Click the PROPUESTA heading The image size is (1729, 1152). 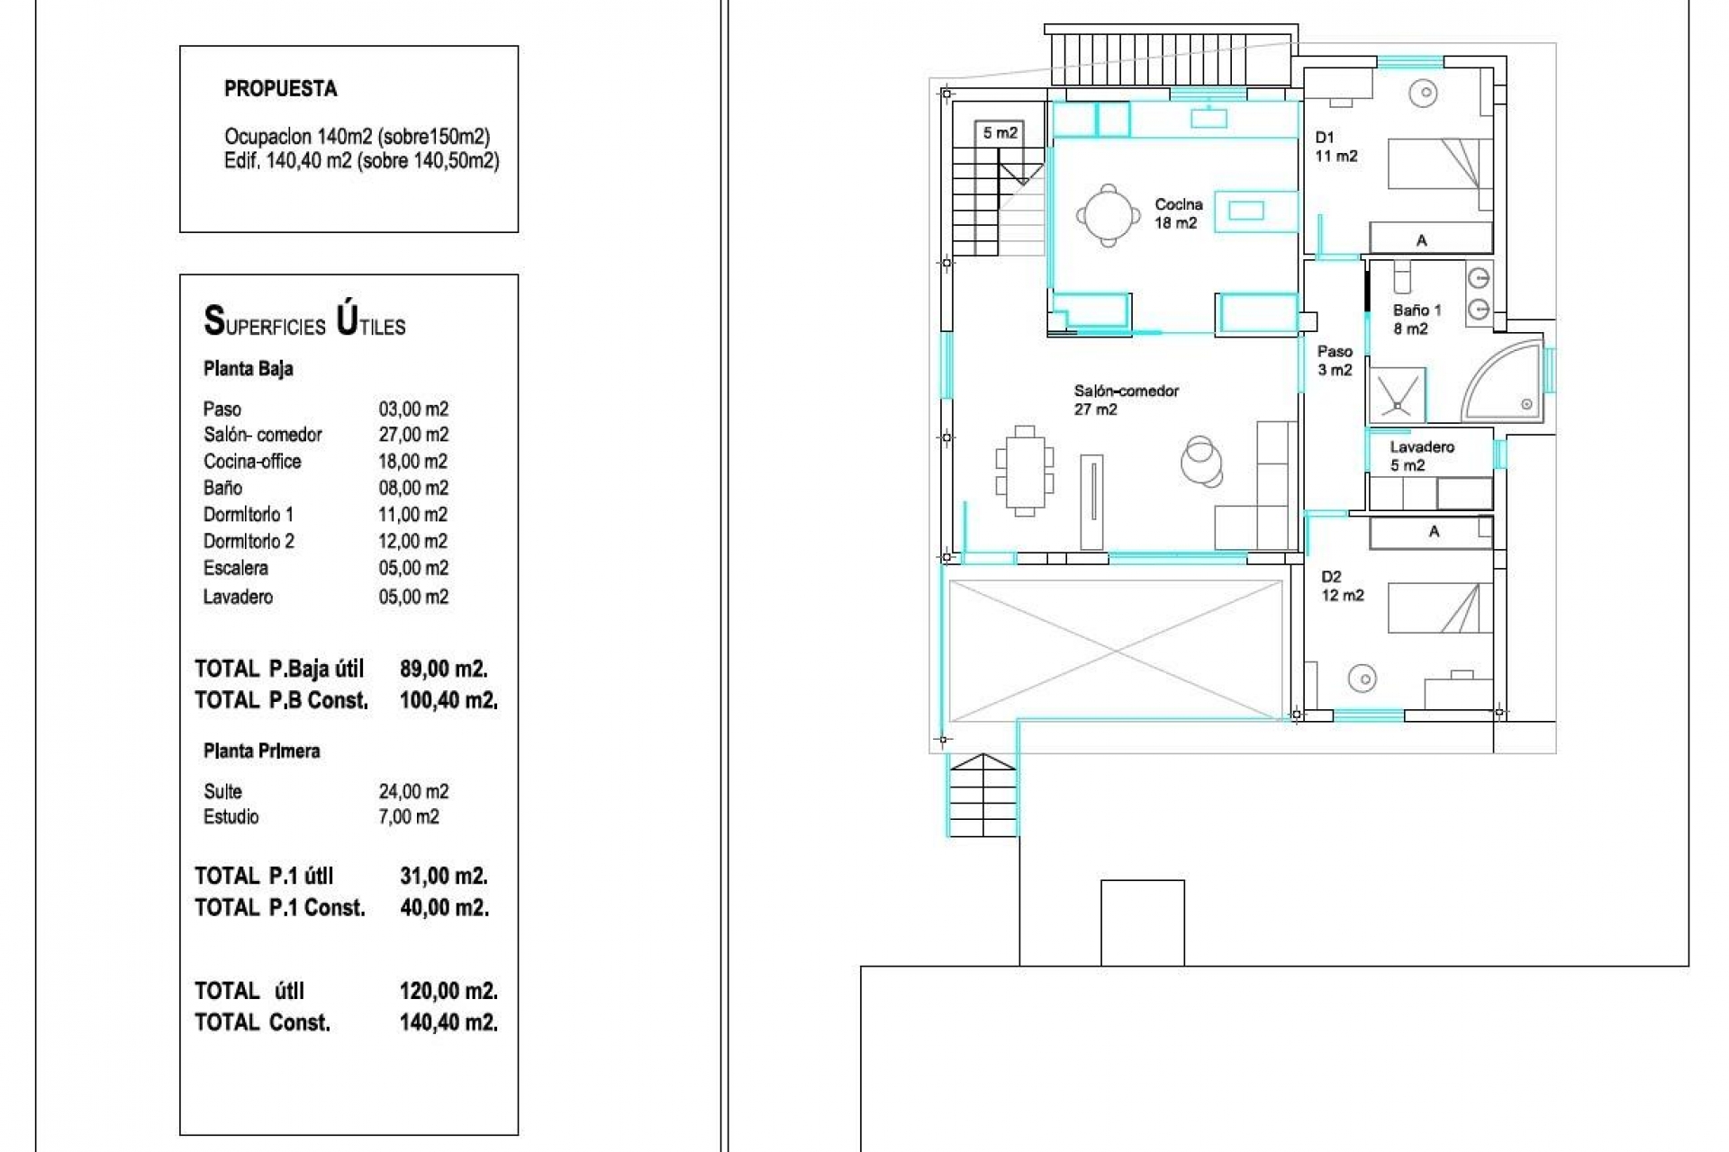(281, 89)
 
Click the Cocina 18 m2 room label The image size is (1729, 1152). (1178, 214)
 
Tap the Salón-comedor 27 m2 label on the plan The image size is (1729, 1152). (1126, 400)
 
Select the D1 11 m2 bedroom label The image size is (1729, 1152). (1336, 147)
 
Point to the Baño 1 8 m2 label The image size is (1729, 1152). (1417, 319)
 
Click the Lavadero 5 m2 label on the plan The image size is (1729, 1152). (1421, 456)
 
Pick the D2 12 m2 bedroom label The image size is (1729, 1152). (1343, 586)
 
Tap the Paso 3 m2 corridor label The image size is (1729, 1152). (1335, 361)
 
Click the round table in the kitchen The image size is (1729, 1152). (1107, 215)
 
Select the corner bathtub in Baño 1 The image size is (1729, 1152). (1502, 382)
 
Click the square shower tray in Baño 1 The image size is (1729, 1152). (1398, 395)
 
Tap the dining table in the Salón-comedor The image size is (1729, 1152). (1025, 471)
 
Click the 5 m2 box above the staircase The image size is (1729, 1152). (1000, 133)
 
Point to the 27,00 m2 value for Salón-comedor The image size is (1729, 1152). (413, 435)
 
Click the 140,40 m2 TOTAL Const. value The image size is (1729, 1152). (448, 1022)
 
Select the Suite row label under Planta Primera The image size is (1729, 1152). (222, 792)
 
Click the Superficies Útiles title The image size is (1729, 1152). (304, 321)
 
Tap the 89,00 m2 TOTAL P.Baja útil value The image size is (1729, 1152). (444, 670)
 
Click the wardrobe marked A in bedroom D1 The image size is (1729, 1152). (1430, 238)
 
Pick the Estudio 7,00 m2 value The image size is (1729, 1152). (409, 817)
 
